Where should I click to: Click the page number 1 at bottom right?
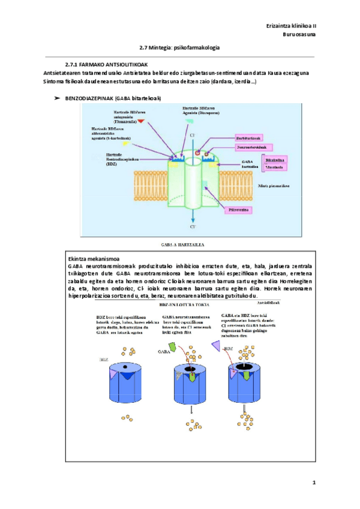[x=313, y=483]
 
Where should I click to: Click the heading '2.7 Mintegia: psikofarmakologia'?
[x=179, y=47]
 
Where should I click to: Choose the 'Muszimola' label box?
[x=274, y=167]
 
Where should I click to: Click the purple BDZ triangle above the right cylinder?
[x=216, y=345]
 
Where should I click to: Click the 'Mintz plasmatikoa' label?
[x=274, y=186]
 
